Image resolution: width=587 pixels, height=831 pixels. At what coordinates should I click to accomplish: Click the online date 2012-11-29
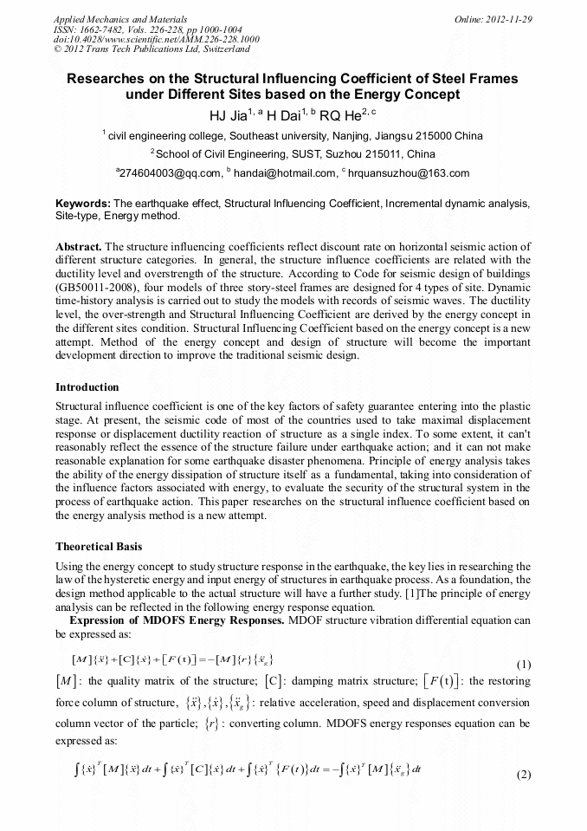click(511, 18)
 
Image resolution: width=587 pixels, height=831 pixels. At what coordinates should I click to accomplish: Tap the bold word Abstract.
click(79, 247)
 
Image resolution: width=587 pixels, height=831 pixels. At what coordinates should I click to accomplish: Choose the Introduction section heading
click(87, 386)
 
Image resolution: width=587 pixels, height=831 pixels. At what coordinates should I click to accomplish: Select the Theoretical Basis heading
click(100, 547)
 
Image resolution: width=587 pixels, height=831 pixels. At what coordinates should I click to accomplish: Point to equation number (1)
click(523, 665)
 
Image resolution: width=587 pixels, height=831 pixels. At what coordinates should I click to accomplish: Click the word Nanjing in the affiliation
click(346, 135)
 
